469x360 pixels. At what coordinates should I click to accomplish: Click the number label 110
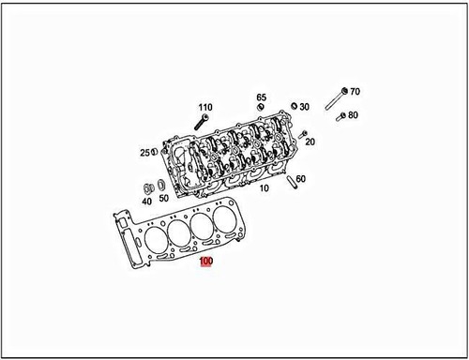[x=205, y=108]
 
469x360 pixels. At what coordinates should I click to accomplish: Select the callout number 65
[x=262, y=97]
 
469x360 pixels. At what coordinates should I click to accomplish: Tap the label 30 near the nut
[x=305, y=108]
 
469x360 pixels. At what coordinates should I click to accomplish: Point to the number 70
[x=355, y=92]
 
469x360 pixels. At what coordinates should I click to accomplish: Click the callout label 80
[x=353, y=115]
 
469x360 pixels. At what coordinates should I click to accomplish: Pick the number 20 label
[x=310, y=142]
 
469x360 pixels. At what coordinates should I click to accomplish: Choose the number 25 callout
[x=145, y=153]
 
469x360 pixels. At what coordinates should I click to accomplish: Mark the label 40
[x=147, y=200]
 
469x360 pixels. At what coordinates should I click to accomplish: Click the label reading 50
[x=163, y=199]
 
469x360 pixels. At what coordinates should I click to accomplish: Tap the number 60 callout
[x=300, y=179]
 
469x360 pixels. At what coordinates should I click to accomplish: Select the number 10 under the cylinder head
[x=264, y=188]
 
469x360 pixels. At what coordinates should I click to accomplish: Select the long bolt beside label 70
[x=335, y=99]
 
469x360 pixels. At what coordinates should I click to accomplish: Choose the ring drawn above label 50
[x=161, y=185]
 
